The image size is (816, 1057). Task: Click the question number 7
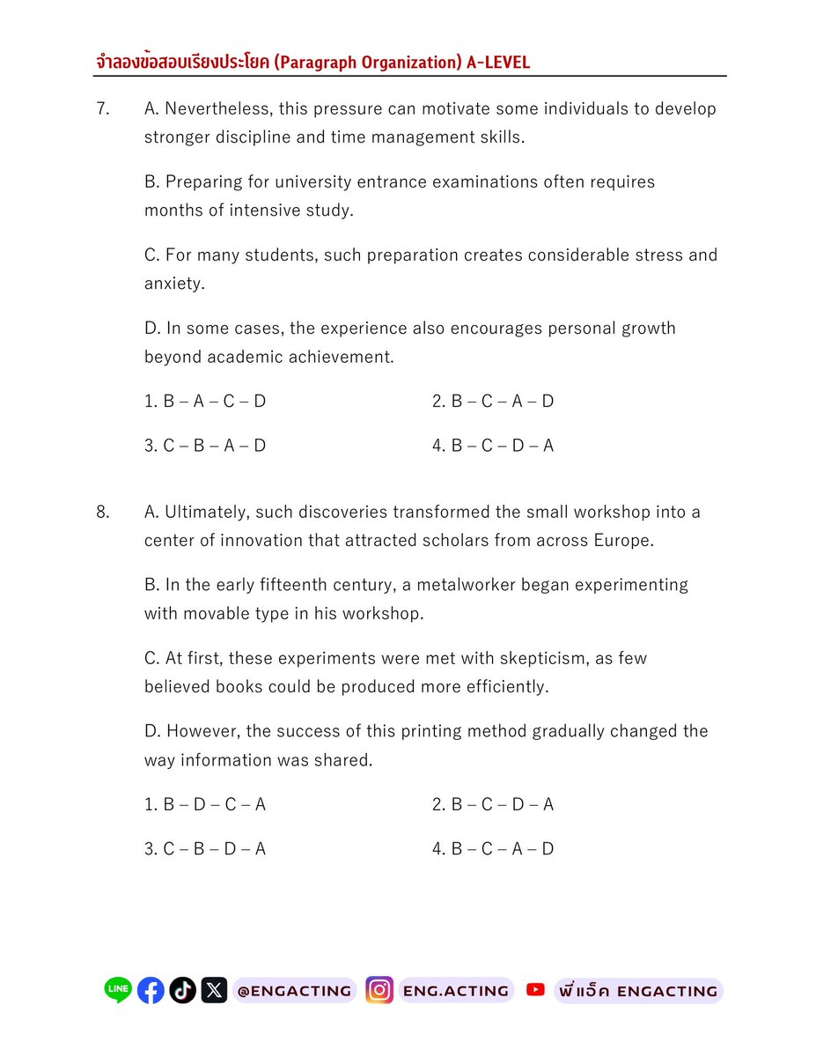pyautogui.click(x=102, y=109)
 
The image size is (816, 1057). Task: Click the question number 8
pyautogui.click(x=102, y=512)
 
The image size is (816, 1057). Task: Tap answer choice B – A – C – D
pyautogui.click(x=205, y=402)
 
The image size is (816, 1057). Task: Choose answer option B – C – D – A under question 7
pyautogui.click(x=493, y=446)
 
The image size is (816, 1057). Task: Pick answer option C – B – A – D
pyautogui.click(x=205, y=446)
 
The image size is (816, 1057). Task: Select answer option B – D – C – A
pyautogui.click(x=205, y=804)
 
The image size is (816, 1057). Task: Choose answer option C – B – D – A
pyautogui.click(x=205, y=849)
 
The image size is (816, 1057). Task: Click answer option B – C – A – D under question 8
pyautogui.click(x=493, y=849)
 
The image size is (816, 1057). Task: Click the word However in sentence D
pyautogui.click(x=205, y=731)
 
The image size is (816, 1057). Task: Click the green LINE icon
pyautogui.click(x=118, y=991)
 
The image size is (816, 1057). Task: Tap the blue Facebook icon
pyautogui.click(x=151, y=991)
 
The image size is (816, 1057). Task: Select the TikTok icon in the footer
pyautogui.click(x=182, y=991)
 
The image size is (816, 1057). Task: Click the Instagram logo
pyautogui.click(x=379, y=991)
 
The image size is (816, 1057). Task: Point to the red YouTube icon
pyautogui.click(x=535, y=990)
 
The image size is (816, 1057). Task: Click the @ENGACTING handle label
pyautogui.click(x=294, y=991)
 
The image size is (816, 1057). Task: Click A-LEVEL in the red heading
pyautogui.click(x=498, y=62)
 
